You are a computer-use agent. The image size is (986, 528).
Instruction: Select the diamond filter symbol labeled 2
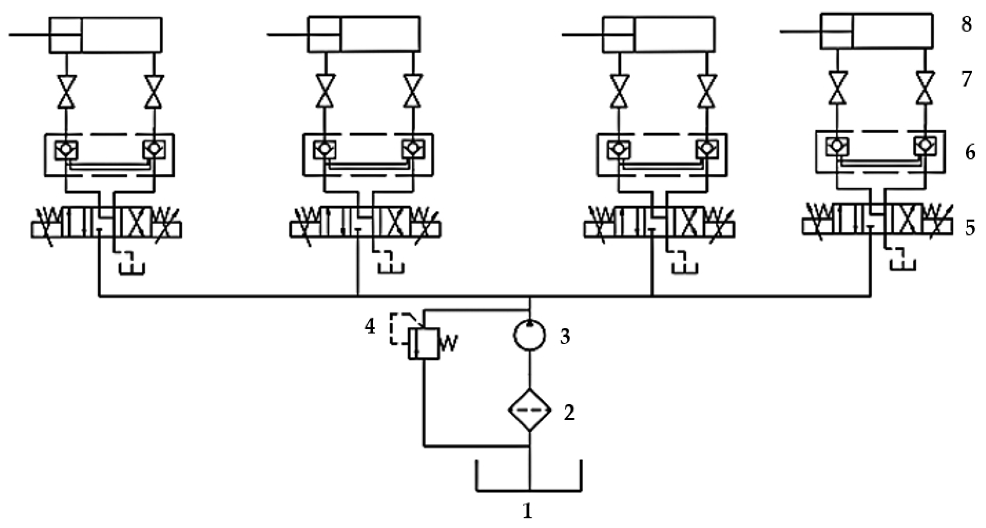[x=529, y=410]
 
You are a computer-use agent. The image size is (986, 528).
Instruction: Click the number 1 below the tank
[x=528, y=511]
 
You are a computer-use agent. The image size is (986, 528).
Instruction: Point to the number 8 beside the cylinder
[x=966, y=24]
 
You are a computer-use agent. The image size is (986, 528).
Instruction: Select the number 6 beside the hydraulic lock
[x=970, y=153]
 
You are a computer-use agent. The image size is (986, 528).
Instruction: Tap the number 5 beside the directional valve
[x=969, y=228]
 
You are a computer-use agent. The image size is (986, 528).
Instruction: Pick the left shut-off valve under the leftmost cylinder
[x=67, y=92]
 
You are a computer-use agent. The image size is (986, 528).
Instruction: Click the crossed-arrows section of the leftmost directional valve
[x=136, y=222]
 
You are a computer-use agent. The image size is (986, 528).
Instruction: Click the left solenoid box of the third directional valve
[x=599, y=230]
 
